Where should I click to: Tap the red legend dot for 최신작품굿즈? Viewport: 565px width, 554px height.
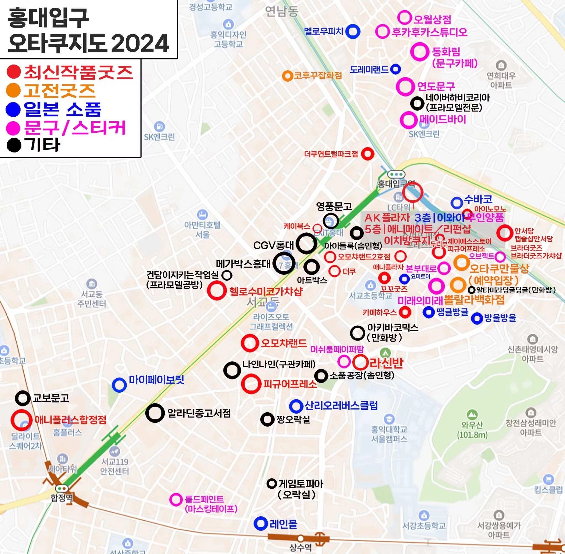pyautogui.click(x=14, y=72)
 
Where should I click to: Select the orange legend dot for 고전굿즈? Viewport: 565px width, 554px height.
pyautogui.click(x=14, y=90)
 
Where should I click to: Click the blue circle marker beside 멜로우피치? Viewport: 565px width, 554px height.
pyautogui.click(x=353, y=31)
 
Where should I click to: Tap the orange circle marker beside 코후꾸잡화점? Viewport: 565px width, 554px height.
pyautogui.click(x=287, y=76)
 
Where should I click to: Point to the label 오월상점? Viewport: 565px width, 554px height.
pyautogui.click(x=432, y=20)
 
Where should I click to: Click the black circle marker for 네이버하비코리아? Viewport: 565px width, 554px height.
pyautogui.click(x=417, y=103)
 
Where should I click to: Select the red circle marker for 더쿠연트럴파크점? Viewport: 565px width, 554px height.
pyautogui.click(x=368, y=154)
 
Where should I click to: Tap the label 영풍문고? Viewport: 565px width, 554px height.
pyautogui.click(x=334, y=207)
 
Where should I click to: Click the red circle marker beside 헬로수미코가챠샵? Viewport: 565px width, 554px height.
pyautogui.click(x=217, y=290)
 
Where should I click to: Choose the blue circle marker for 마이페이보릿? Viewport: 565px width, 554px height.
pyautogui.click(x=119, y=385)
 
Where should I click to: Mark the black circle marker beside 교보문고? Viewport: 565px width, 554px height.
pyautogui.click(x=23, y=398)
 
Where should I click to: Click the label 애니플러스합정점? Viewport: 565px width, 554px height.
pyautogui.click(x=70, y=420)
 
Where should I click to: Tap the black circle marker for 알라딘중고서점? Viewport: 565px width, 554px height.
pyautogui.click(x=155, y=413)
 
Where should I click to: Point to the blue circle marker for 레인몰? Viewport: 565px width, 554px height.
pyautogui.click(x=260, y=523)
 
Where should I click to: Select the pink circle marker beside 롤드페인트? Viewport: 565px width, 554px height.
pyautogui.click(x=176, y=500)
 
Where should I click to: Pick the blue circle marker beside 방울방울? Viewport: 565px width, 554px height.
pyautogui.click(x=477, y=319)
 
